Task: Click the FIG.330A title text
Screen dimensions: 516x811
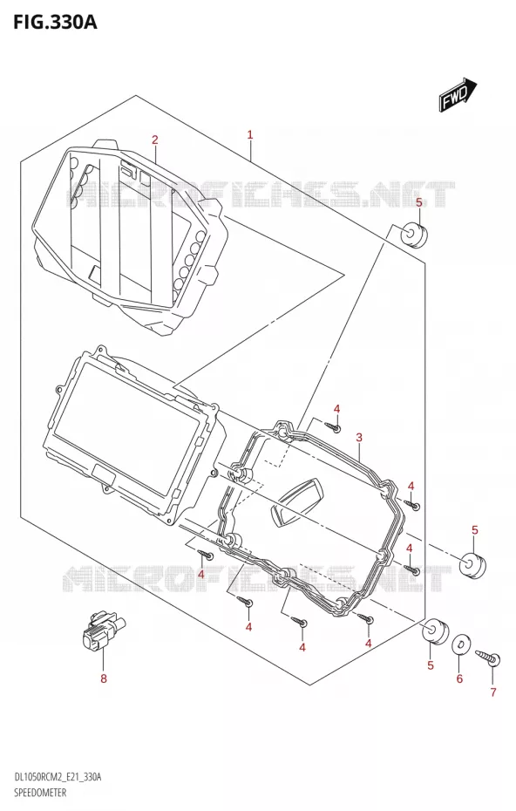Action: [x=49, y=23]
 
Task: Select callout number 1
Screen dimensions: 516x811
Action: [x=250, y=135]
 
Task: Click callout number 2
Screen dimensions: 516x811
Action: [x=154, y=140]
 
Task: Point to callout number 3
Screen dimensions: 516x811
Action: [x=359, y=438]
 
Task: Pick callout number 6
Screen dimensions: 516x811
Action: [x=459, y=678]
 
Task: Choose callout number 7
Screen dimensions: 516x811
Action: [x=492, y=692]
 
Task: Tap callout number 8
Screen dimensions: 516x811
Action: [x=104, y=678]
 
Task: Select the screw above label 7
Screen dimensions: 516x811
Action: [x=488, y=655]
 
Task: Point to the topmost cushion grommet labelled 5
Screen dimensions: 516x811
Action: [x=415, y=235]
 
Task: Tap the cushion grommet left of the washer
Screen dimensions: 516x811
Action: [x=435, y=631]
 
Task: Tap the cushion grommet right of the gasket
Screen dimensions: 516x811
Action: [x=473, y=566]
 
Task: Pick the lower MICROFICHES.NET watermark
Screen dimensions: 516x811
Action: [x=257, y=578]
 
